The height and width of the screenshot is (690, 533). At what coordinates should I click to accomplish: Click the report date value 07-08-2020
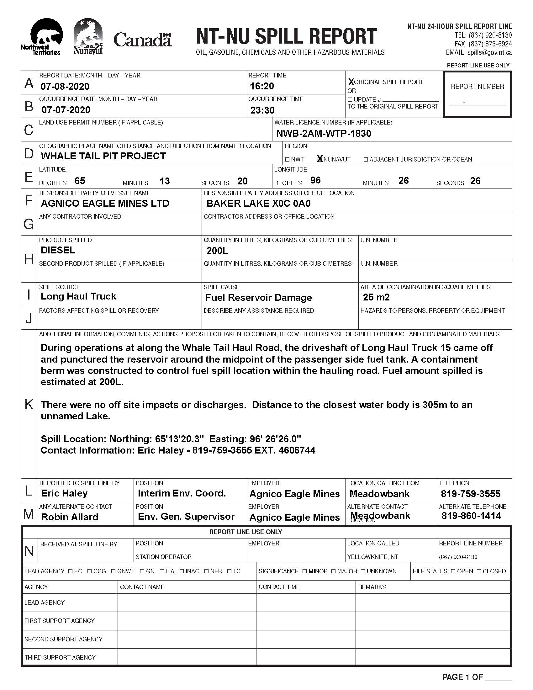(x=65, y=86)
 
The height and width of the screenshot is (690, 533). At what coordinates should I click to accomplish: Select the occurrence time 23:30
(x=262, y=110)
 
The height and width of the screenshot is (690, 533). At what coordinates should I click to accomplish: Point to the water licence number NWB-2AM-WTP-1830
(x=324, y=134)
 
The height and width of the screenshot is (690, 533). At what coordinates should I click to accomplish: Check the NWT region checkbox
(x=287, y=160)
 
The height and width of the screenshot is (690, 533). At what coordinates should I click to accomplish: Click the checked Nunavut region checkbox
(x=320, y=159)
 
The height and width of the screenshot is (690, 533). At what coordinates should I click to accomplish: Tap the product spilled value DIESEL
(x=58, y=250)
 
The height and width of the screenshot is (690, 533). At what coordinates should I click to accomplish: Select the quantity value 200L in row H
(x=217, y=251)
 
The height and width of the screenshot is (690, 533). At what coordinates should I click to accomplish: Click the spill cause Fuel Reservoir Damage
(x=258, y=298)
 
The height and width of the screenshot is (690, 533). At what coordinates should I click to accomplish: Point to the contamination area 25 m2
(x=376, y=297)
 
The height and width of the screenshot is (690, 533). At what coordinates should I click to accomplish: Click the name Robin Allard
(x=70, y=517)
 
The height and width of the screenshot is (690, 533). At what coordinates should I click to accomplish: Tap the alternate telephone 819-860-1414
(x=471, y=516)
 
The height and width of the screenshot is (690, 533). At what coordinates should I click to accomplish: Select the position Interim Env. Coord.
(x=182, y=493)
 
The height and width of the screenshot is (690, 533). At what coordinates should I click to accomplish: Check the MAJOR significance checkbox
(x=334, y=571)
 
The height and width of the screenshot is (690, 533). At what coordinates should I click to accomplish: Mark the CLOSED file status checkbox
(x=479, y=571)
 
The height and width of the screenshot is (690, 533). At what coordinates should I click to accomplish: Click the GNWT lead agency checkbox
(x=113, y=571)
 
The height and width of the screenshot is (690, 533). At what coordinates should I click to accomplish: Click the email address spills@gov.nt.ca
(x=489, y=53)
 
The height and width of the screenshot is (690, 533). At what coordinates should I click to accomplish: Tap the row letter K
(x=29, y=404)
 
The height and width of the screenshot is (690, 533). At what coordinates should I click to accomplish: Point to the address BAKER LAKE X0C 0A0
(x=258, y=204)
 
